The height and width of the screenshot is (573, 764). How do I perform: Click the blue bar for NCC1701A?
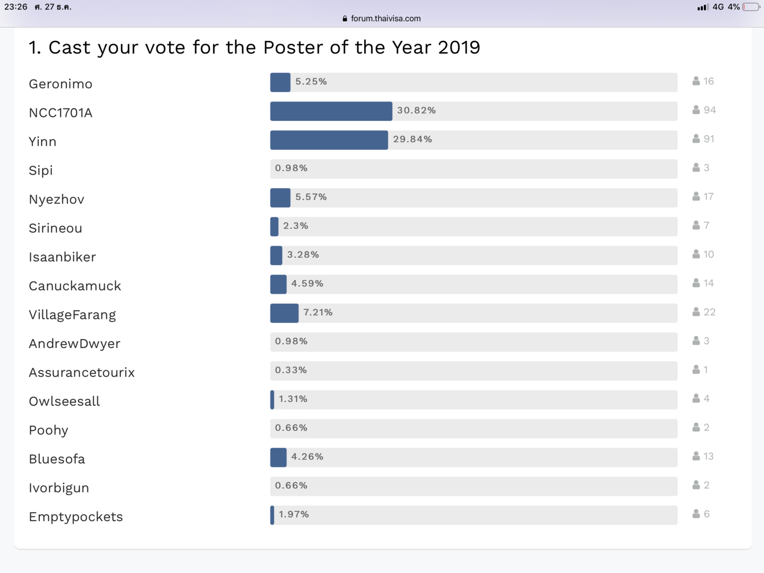point(331,111)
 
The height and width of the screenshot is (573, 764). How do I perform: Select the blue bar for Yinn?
point(329,140)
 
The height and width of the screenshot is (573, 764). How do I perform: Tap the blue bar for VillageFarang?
point(284,313)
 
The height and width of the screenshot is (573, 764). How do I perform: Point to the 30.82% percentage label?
point(416,110)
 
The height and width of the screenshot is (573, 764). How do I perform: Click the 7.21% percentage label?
point(318,312)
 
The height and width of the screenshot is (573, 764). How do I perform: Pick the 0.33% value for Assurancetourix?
point(291,370)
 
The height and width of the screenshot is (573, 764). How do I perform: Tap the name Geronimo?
point(61,84)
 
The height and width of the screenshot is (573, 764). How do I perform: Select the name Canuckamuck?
point(75,286)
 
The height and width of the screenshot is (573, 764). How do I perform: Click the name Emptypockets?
point(76,516)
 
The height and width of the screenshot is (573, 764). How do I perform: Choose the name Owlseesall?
point(64,401)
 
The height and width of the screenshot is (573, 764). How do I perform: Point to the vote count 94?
point(710,110)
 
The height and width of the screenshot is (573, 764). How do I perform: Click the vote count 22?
point(710,312)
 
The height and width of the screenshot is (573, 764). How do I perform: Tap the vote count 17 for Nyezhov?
point(709,196)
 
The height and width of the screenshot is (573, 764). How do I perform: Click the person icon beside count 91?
point(696,139)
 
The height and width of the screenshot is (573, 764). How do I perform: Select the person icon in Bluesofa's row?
point(696,456)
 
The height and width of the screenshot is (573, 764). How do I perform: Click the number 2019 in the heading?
point(459,47)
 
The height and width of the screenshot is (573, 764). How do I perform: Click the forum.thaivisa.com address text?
point(385,18)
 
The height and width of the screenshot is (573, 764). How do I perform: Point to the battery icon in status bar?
point(751,7)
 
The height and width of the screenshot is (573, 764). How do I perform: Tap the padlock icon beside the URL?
point(345,18)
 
